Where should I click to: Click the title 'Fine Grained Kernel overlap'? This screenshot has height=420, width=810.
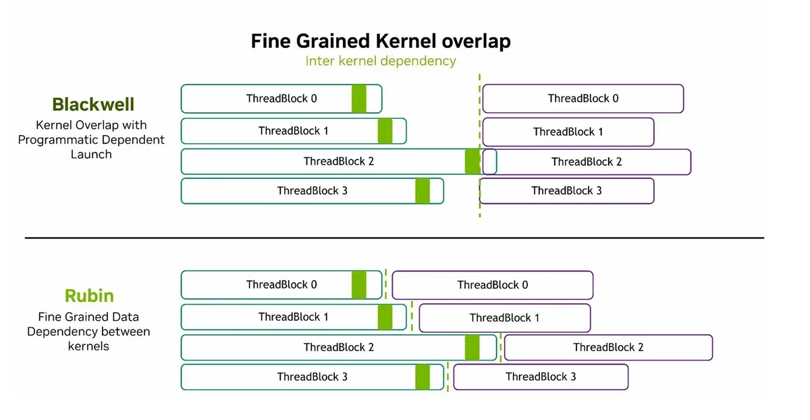click(x=381, y=41)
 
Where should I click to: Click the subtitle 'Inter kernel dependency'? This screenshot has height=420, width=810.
click(x=381, y=61)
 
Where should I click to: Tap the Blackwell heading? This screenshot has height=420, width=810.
click(x=93, y=104)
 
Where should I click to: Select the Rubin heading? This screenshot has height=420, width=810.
click(x=89, y=296)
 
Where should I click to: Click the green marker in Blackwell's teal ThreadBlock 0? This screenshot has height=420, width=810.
click(x=358, y=99)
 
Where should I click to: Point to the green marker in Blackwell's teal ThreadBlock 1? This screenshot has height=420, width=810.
click(x=385, y=131)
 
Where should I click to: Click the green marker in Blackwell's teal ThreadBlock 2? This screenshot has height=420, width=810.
click(x=473, y=161)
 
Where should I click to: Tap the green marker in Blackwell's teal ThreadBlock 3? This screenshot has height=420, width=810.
click(x=423, y=191)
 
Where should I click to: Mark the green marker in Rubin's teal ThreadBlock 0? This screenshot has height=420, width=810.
click(x=358, y=285)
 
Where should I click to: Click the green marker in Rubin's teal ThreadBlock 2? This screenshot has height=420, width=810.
click(x=473, y=347)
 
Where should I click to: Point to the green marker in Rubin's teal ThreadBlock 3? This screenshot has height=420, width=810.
click(x=423, y=377)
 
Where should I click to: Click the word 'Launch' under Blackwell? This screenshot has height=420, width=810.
click(x=91, y=155)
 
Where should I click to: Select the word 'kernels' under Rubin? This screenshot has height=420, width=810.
click(x=88, y=346)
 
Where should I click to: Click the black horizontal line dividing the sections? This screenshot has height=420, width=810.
click(x=394, y=238)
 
